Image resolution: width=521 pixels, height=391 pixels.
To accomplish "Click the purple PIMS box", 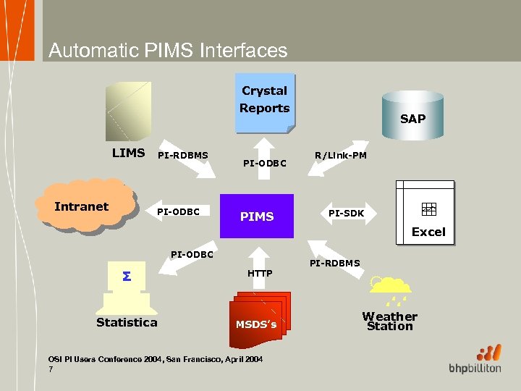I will [257, 216].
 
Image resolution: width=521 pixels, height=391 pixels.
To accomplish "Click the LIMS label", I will [128, 153].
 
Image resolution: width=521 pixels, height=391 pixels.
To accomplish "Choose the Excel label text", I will [428, 232].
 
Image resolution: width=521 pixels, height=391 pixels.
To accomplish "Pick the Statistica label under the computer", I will [127, 322].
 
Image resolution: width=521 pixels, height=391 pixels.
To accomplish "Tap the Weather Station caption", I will [389, 321].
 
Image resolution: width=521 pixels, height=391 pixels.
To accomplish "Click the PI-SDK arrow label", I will [346, 213].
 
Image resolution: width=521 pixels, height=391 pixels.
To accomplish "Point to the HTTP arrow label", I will [260, 273].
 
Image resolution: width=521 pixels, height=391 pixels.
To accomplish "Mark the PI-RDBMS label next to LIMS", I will [183, 155].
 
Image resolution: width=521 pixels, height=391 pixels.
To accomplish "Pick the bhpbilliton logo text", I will [475, 369].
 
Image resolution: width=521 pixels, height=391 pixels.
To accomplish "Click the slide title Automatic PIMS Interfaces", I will [168, 51].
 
